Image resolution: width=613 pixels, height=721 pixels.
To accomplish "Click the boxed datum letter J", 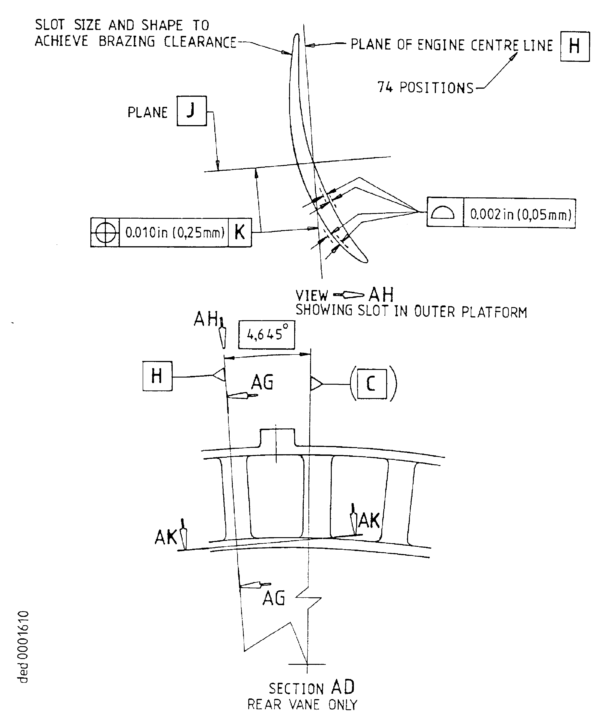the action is click(x=192, y=111).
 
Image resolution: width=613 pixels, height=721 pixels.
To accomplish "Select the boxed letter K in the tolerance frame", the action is click(x=240, y=232).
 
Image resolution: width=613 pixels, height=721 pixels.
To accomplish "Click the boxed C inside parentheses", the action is click(x=372, y=384).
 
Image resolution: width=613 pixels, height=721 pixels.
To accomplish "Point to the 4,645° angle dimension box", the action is click(x=267, y=335).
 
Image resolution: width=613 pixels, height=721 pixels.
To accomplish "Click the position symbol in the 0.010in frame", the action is click(x=105, y=232).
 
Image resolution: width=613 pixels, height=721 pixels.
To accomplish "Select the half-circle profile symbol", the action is click(x=442, y=212).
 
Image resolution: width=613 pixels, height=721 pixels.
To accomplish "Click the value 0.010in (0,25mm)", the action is click(x=175, y=232).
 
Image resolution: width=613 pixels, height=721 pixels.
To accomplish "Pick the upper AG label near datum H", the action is click(x=262, y=382).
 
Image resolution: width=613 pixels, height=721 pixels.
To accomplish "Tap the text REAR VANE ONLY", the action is click(x=302, y=704).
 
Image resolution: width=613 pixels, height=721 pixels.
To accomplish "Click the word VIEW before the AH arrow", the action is click(x=311, y=295).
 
